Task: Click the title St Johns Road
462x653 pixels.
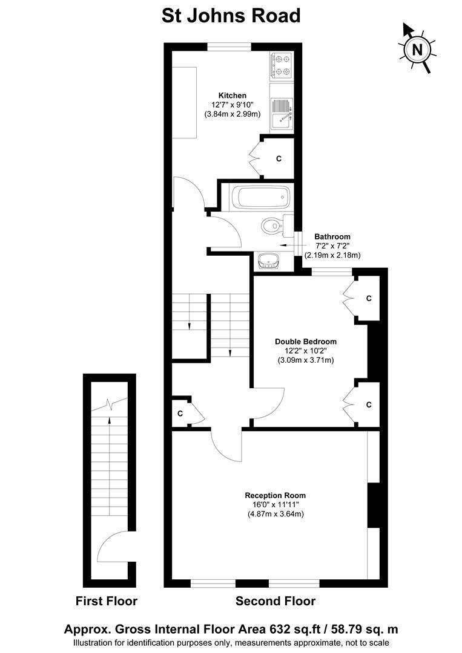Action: click(x=231, y=16)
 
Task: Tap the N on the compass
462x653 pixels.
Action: click(x=417, y=50)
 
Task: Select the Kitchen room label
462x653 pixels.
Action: click(x=233, y=96)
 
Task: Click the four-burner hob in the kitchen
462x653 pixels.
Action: click(x=282, y=66)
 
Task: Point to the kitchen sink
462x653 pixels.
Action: click(x=282, y=113)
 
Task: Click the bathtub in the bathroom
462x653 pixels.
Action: click(x=261, y=197)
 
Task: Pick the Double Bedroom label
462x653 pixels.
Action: click(x=306, y=342)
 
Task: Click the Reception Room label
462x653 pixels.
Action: click(x=275, y=496)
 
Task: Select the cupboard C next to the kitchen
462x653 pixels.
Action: click(x=279, y=158)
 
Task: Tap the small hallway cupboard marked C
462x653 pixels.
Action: click(x=180, y=414)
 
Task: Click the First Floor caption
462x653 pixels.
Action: click(x=107, y=602)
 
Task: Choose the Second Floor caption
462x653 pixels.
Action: click(x=275, y=602)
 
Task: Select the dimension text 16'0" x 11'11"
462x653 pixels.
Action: click(x=275, y=505)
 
